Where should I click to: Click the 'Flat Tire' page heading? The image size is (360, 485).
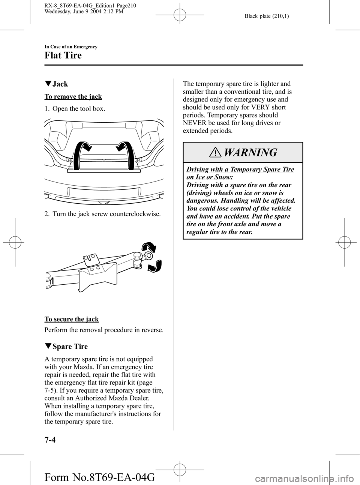[63, 56]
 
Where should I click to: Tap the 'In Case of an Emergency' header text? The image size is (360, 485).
[71, 47]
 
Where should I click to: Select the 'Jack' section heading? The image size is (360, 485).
[60, 84]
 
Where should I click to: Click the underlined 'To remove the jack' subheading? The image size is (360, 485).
[73, 97]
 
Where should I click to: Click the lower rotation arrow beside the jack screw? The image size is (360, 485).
[155, 266]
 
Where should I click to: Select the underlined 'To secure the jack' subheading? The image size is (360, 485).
[72, 319]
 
